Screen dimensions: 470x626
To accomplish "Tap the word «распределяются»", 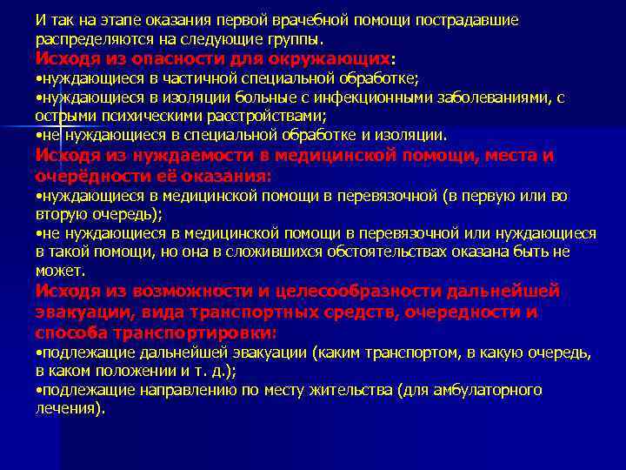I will pyautogui.click(x=89, y=40).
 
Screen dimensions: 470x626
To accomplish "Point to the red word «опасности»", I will pyautogui.click(x=176, y=59).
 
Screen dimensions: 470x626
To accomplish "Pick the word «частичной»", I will pyautogui.click(x=202, y=79).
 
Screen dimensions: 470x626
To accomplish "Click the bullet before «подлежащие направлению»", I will pyautogui.click(x=39, y=390).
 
